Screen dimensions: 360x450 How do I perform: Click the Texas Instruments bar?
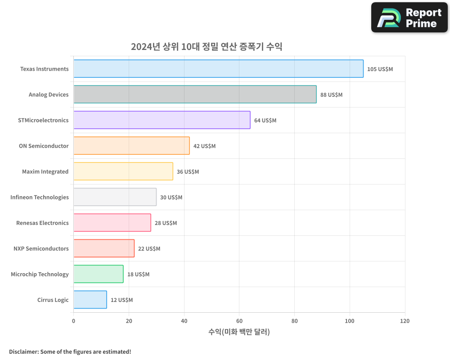tap(218, 69)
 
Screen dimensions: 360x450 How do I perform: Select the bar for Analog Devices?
tap(195, 94)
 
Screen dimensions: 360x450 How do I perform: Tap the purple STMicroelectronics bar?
tap(162, 120)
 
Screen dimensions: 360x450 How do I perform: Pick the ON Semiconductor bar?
tap(131, 146)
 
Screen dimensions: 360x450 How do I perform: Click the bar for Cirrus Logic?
tap(90, 300)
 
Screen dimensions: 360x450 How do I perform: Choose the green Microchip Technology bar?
tap(98, 274)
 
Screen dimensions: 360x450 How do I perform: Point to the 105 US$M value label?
tap(380, 69)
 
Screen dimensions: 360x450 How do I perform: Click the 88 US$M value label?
tap(331, 95)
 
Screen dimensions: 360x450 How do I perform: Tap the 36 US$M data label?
tap(188, 172)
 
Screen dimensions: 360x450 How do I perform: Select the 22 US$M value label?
tap(149, 249)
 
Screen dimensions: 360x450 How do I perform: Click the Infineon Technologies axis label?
tap(40, 197)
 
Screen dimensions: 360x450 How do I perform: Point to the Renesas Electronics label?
tap(42, 223)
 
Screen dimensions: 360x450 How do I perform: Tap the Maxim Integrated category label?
tap(45, 171)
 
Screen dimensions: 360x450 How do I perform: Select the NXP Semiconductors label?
tap(41, 248)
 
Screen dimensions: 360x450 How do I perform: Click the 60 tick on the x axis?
tap(239, 321)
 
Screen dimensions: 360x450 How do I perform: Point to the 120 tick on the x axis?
tap(405, 321)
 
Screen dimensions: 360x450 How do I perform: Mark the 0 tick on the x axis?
tap(74, 321)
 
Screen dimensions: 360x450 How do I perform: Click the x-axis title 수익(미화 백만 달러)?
tap(239, 332)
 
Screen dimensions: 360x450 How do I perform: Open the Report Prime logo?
tap(409, 18)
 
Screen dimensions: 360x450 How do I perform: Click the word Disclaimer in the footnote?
tap(23, 351)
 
